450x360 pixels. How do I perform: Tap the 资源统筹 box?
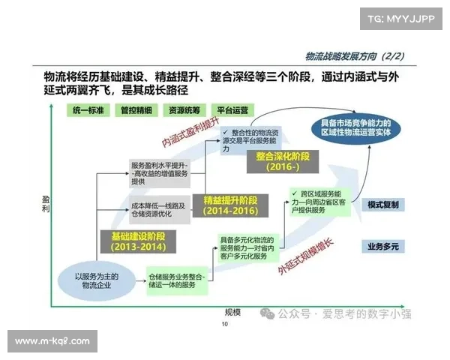tap(183, 109)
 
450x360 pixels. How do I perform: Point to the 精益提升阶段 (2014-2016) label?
tap(229, 206)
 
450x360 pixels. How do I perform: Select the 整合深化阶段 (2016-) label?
tap(282, 162)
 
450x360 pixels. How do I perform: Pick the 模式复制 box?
tap(382, 205)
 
